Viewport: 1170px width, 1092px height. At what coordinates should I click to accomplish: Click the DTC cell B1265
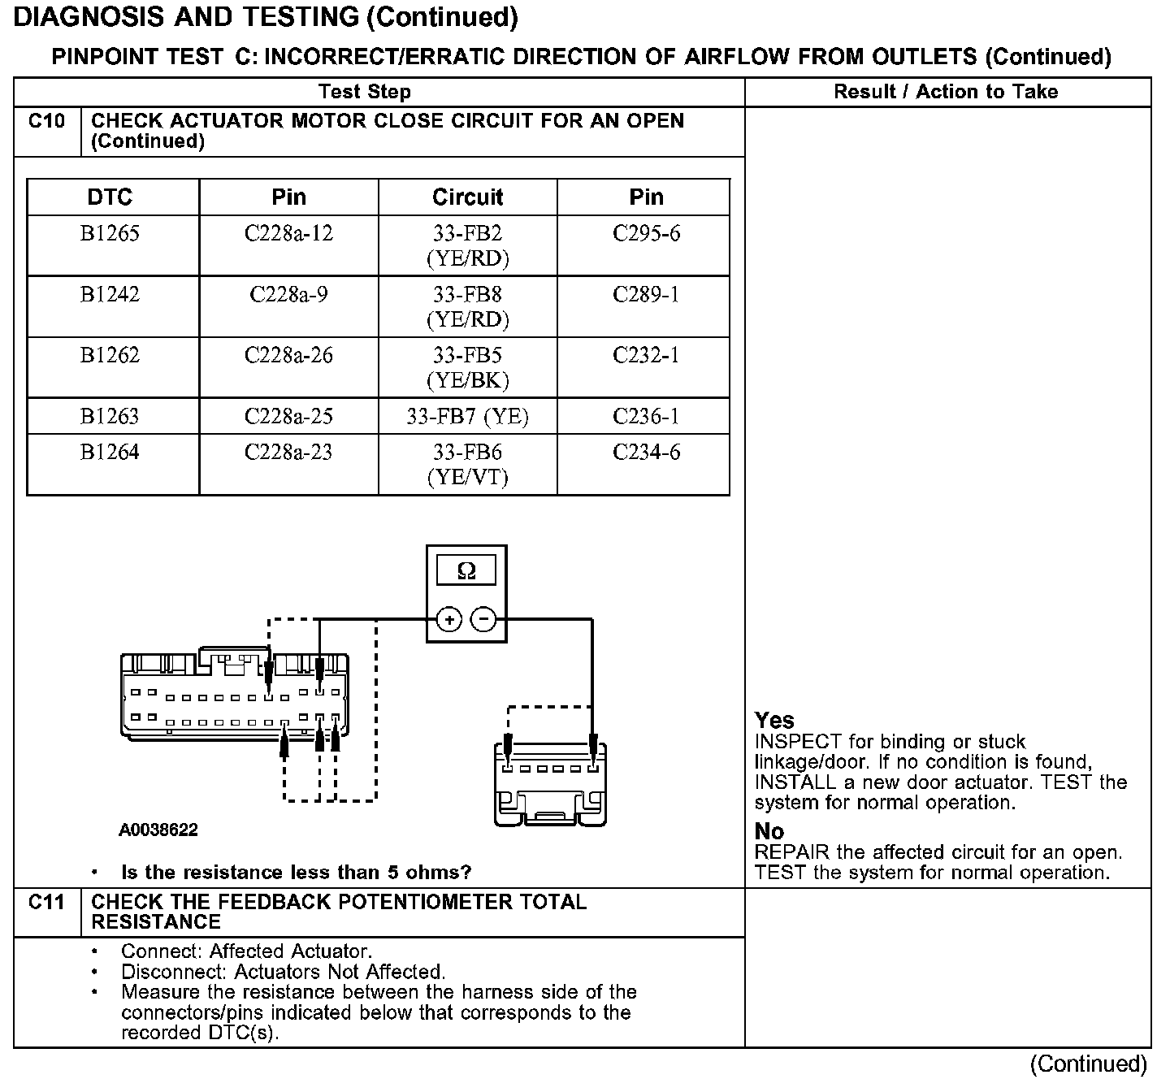click(x=110, y=234)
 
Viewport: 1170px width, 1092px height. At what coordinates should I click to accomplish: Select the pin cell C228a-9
click(x=288, y=294)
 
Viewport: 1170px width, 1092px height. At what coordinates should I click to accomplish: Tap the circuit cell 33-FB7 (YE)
click(x=467, y=417)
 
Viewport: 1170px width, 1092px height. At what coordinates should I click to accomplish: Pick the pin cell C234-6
click(x=646, y=453)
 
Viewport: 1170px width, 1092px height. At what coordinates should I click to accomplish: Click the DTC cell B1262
click(x=110, y=355)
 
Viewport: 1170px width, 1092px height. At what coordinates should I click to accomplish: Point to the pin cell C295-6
click(x=646, y=234)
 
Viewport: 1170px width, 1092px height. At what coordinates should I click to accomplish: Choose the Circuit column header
click(x=467, y=197)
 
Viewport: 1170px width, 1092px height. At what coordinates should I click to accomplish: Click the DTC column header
click(x=110, y=197)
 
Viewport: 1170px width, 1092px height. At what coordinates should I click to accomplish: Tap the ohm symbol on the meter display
click(x=466, y=571)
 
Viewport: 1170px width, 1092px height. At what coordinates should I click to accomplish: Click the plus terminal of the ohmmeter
click(x=449, y=620)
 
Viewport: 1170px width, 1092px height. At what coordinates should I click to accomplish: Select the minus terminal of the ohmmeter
click(x=484, y=620)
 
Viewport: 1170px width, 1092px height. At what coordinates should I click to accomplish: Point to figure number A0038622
click(x=158, y=830)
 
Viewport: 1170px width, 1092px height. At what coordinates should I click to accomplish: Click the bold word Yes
click(x=774, y=721)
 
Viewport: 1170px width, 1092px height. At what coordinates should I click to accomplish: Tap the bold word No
click(x=769, y=832)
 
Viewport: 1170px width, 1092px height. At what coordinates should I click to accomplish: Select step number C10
click(x=46, y=121)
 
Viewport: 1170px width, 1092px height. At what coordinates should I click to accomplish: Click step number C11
click(x=46, y=902)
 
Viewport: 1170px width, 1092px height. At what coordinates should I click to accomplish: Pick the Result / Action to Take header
click(x=946, y=92)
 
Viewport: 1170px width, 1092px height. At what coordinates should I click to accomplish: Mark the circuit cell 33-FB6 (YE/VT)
click(x=467, y=465)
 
